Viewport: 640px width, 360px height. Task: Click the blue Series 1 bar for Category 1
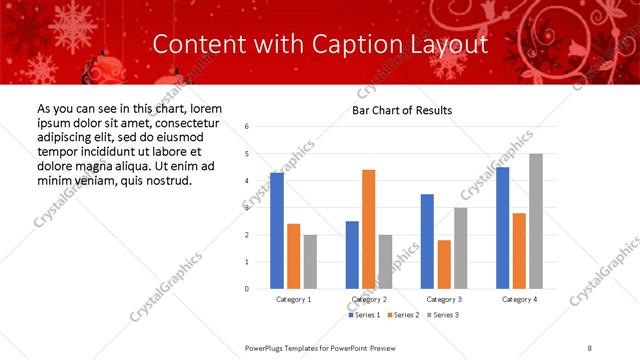tap(277, 231)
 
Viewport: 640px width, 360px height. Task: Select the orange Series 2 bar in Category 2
tap(368, 229)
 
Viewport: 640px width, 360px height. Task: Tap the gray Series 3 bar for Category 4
tap(536, 221)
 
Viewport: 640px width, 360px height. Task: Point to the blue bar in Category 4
tap(502, 228)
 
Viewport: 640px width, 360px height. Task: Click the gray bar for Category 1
tap(310, 261)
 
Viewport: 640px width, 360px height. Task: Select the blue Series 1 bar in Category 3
tap(427, 241)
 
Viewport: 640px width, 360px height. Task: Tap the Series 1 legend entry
tap(364, 315)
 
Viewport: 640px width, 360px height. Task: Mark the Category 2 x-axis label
tap(368, 299)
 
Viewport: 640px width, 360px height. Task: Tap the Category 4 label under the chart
tap(519, 299)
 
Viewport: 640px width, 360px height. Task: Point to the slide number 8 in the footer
tap(590, 347)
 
